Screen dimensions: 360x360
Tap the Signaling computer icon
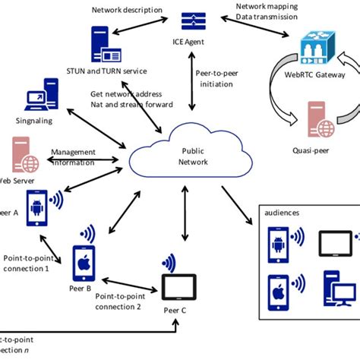pos(37,100)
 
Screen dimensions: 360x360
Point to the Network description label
pos(127,10)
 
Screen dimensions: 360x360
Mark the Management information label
pos(73,156)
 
